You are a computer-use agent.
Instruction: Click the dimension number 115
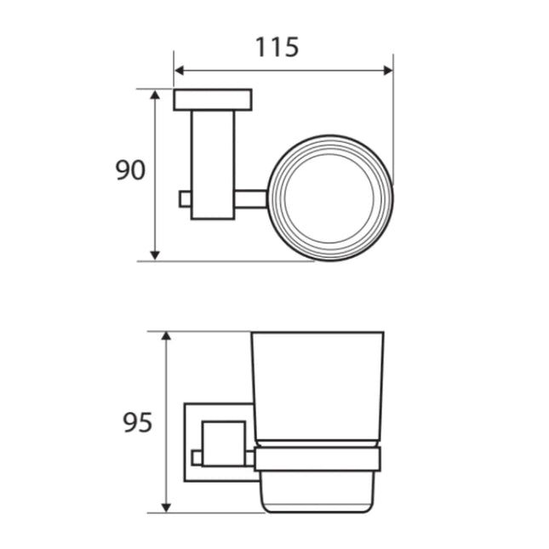pos(277,47)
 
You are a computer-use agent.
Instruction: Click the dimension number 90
pos(130,170)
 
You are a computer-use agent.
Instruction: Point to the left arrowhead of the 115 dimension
pos(180,71)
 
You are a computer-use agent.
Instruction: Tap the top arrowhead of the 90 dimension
pos(155,94)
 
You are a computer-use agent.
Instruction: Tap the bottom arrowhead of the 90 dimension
pos(155,254)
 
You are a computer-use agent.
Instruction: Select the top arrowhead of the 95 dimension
pos(167,338)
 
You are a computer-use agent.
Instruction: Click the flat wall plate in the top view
pos(212,100)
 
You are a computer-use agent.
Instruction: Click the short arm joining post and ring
pos(251,198)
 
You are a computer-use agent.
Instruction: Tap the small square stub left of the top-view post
pos(185,198)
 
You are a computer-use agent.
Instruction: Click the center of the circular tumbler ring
pos(330,198)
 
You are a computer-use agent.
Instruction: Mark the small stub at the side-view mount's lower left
pos(197,458)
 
